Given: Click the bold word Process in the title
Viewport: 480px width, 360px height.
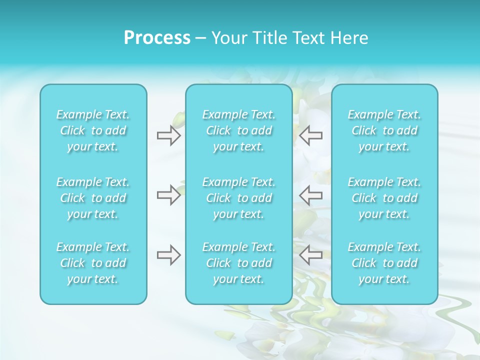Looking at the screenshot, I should point(157,38).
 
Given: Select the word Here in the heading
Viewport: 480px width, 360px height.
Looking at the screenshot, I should point(349,38).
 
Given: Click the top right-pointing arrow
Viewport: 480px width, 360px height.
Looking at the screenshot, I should point(168,135).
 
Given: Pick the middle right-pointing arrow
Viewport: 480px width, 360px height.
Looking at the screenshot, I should point(168,195).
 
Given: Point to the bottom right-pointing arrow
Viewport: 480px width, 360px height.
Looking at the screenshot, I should point(168,255).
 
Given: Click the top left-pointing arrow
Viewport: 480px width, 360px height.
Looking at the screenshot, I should point(311,135).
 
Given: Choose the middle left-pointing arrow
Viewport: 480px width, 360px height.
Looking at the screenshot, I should point(311,195).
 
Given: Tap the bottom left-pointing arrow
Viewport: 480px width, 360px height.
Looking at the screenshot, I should point(311,255).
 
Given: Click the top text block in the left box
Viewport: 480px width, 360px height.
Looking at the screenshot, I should point(93,130).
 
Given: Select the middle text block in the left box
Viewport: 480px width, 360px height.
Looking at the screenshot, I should point(93,198).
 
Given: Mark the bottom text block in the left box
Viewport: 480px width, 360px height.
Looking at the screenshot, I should point(93,263).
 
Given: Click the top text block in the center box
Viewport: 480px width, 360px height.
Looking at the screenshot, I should point(239,130).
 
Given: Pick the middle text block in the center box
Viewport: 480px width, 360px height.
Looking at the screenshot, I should point(239,198).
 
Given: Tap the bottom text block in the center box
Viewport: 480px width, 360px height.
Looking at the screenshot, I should point(239,263).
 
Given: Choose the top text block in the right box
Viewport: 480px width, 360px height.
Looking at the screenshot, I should point(384,130).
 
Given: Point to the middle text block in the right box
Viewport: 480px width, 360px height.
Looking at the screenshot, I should point(384,198).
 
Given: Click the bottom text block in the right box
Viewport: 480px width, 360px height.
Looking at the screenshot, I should point(384,263).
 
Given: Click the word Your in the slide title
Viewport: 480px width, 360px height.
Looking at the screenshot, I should point(228,38).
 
